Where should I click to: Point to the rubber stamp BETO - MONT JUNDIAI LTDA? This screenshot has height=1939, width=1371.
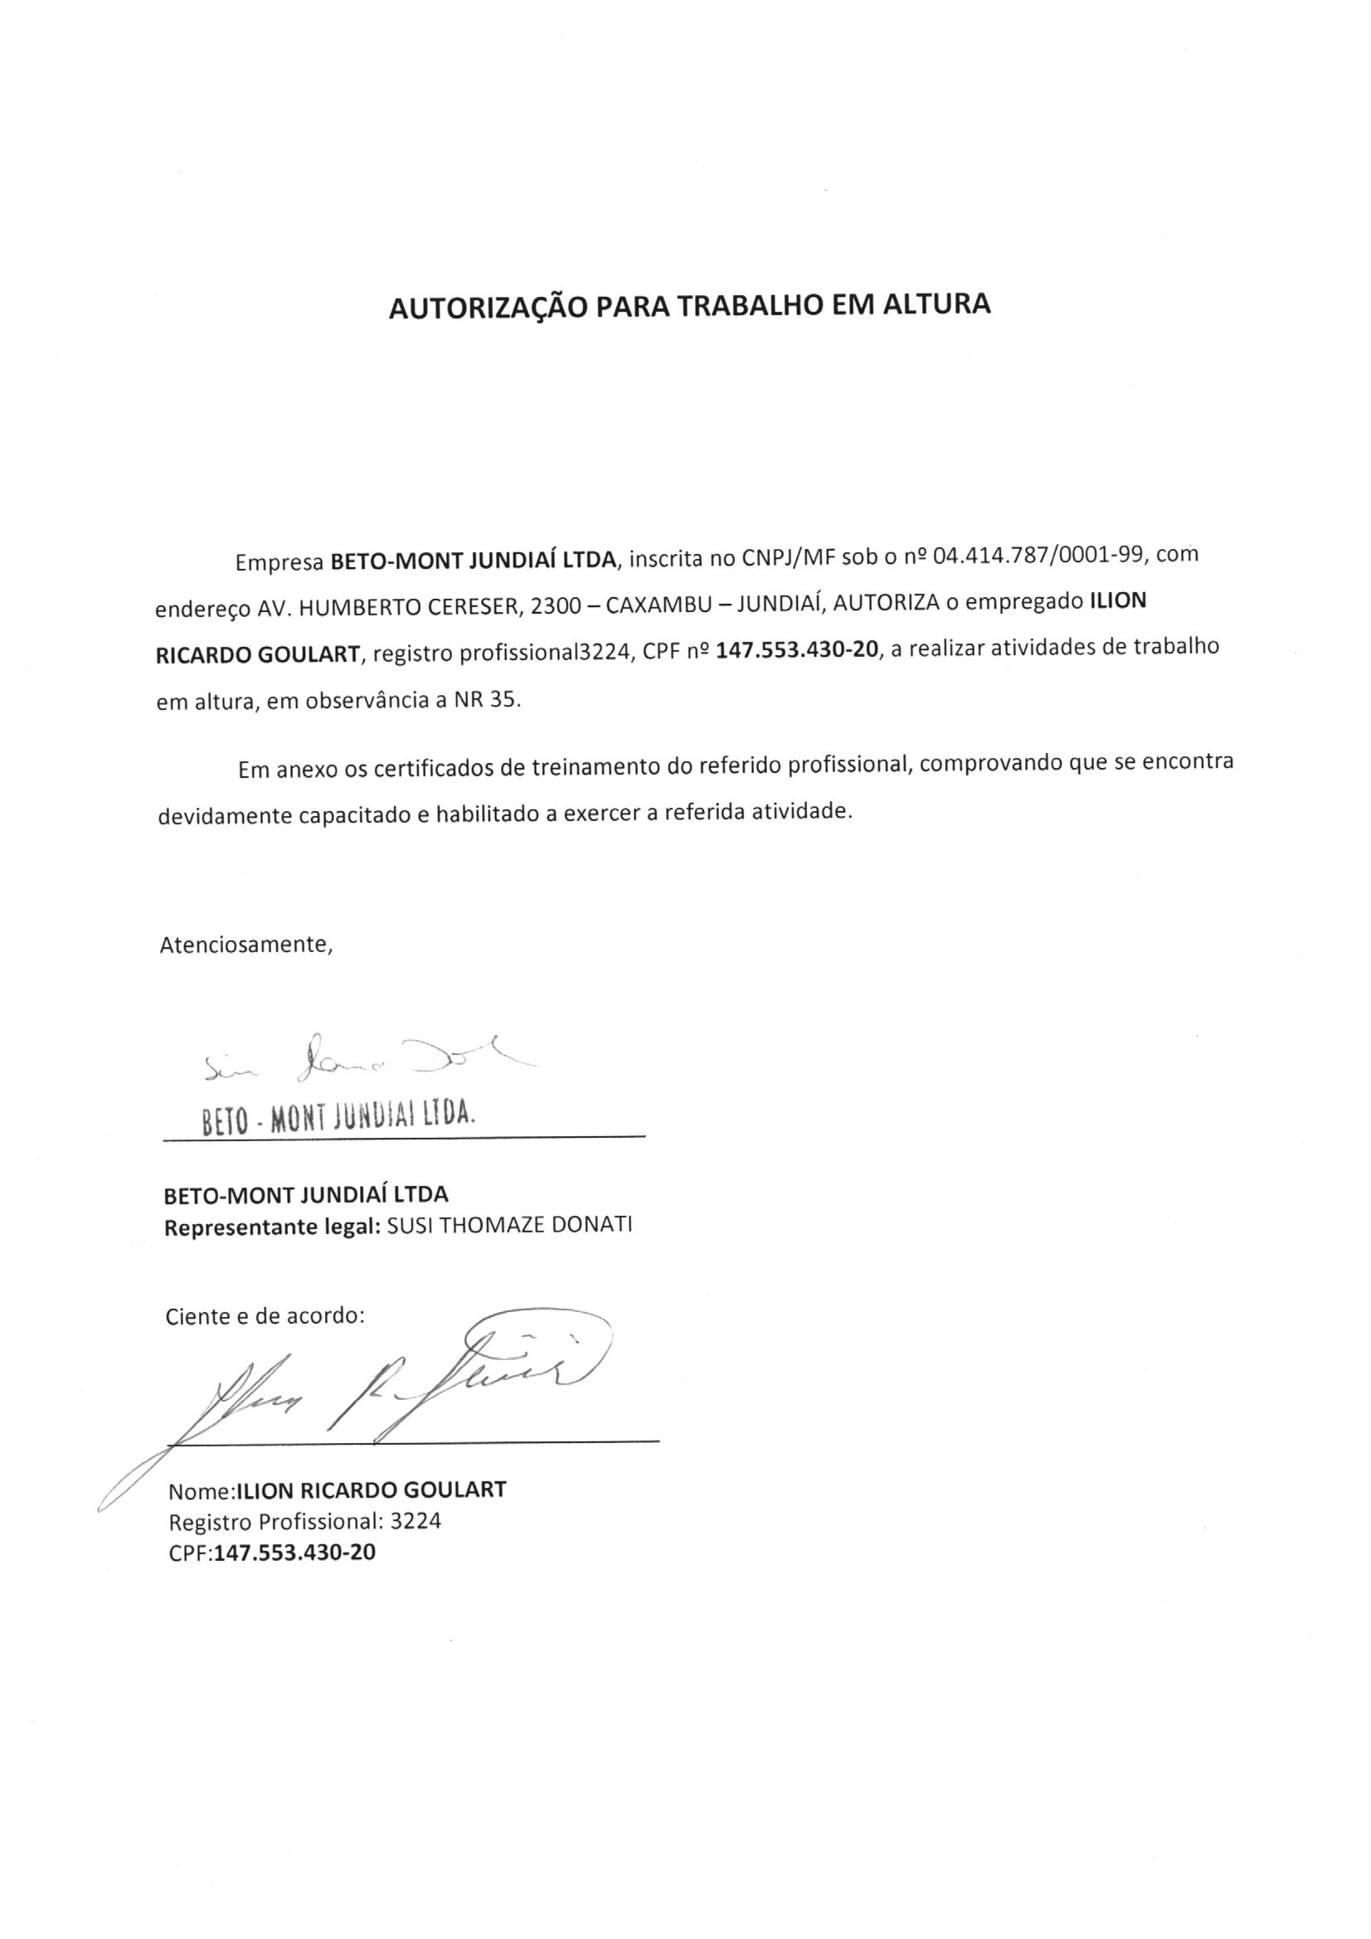coord(338,1118)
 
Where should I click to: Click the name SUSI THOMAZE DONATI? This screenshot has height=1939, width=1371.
coord(508,1226)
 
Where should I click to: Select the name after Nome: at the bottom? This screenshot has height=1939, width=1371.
coord(371,1489)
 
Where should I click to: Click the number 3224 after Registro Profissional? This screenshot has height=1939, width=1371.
coord(413,1521)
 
